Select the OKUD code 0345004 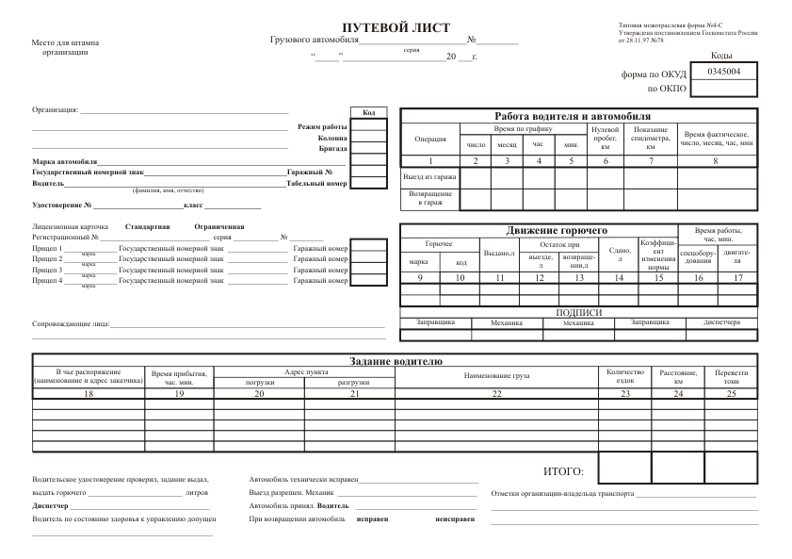tap(723, 71)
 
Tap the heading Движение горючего tap(557, 230)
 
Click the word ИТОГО tap(563, 470)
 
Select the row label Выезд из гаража tap(429, 176)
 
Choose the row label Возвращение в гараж tap(429, 198)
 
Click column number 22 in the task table tap(496, 393)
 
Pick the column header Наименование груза tap(496, 375)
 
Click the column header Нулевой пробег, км tap(605, 138)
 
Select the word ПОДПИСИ tap(579, 312)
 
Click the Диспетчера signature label tap(721, 322)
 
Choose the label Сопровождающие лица tap(71, 324)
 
